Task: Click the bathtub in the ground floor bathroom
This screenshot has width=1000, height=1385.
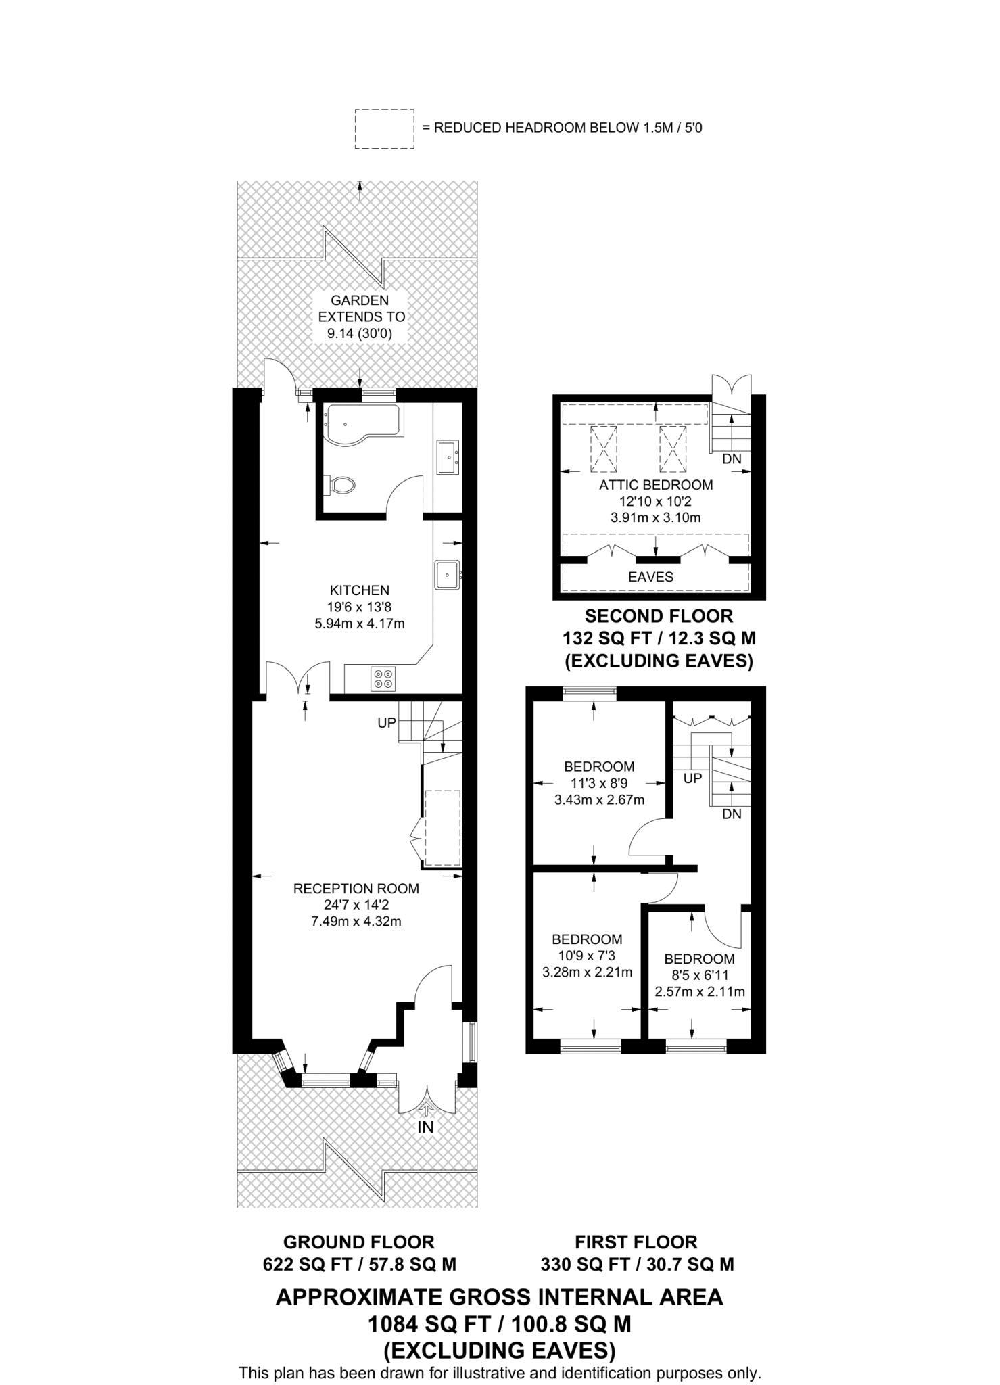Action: pyautogui.click(x=361, y=424)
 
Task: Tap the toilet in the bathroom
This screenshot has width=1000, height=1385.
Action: pyautogui.click(x=341, y=484)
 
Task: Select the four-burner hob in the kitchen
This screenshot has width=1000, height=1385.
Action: pyautogui.click(x=383, y=678)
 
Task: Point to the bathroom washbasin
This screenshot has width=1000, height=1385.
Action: pyautogui.click(x=448, y=458)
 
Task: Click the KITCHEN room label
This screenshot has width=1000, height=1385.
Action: pyautogui.click(x=360, y=590)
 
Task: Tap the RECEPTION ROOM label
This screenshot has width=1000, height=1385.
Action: pyautogui.click(x=356, y=889)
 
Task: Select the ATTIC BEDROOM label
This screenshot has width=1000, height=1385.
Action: pyautogui.click(x=655, y=484)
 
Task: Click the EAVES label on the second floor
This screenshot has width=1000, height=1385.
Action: pyautogui.click(x=650, y=577)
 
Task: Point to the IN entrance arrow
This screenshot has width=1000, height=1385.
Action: pyautogui.click(x=425, y=1127)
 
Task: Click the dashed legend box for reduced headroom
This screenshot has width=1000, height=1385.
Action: pyautogui.click(x=384, y=128)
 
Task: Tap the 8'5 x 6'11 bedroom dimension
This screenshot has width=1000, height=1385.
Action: pyautogui.click(x=700, y=975)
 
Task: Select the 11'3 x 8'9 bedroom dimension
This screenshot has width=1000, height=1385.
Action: pyautogui.click(x=599, y=783)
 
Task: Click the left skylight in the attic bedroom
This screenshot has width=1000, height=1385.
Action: pyautogui.click(x=603, y=448)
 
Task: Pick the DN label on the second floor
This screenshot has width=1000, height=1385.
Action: pyautogui.click(x=732, y=459)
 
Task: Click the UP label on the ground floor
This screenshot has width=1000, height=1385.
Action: pyautogui.click(x=387, y=723)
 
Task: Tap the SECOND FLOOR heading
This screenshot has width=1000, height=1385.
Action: pyautogui.click(x=659, y=616)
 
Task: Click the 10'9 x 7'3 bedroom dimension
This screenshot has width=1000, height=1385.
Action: pyautogui.click(x=587, y=956)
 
